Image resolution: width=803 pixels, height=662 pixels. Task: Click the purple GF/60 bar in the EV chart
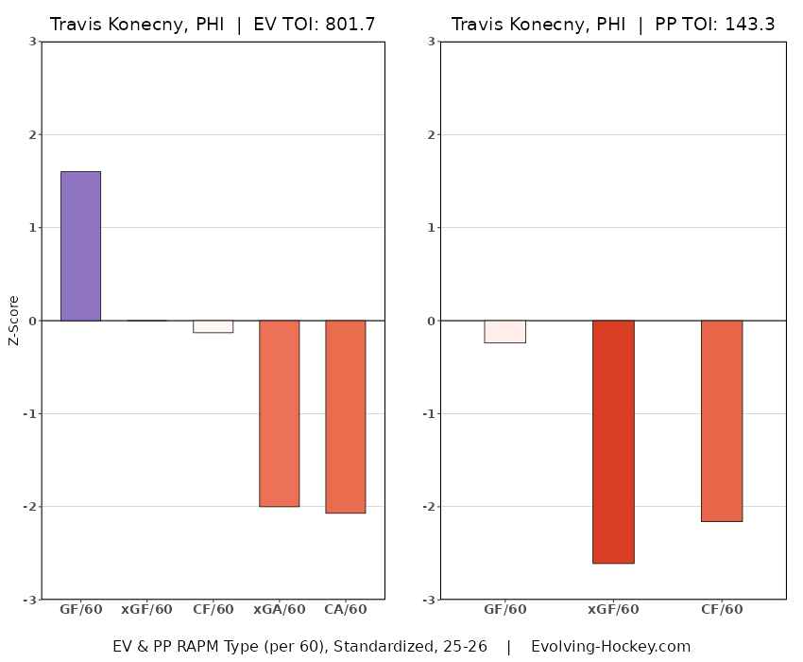pos(80,246)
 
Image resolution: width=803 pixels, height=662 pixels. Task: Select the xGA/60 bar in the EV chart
pos(280,413)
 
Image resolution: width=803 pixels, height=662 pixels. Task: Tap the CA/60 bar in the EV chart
pos(346,416)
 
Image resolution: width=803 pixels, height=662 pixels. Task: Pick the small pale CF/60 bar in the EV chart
pos(214,326)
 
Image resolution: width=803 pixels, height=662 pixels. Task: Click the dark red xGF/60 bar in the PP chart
pos(613,442)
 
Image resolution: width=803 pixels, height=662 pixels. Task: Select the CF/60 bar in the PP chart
pos(722,421)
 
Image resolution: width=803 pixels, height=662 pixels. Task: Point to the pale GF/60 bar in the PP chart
pos(504,331)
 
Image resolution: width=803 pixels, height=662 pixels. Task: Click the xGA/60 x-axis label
pos(280,610)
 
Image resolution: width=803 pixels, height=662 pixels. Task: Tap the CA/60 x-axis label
pos(346,610)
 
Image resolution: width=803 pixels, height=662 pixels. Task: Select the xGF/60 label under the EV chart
pos(147,610)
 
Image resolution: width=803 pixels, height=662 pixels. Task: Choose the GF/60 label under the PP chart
pos(504,610)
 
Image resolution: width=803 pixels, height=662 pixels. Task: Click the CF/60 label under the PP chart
pos(722,610)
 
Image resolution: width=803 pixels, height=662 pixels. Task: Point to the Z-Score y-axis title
pos(13,321)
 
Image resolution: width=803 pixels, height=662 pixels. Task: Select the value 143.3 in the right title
pos(749,25)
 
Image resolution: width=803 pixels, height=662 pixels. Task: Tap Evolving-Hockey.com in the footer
pos(610,647)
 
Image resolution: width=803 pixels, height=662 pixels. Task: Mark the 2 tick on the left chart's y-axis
pos(33,135)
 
